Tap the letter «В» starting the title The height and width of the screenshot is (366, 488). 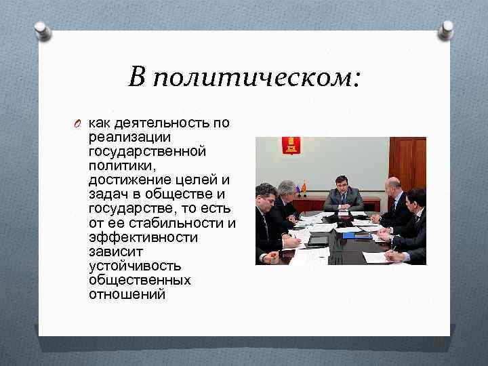click(x=137, y=78)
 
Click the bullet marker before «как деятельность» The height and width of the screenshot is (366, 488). click(x=79, y=123)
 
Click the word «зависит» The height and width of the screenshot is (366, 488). click(x=112, y=251)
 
